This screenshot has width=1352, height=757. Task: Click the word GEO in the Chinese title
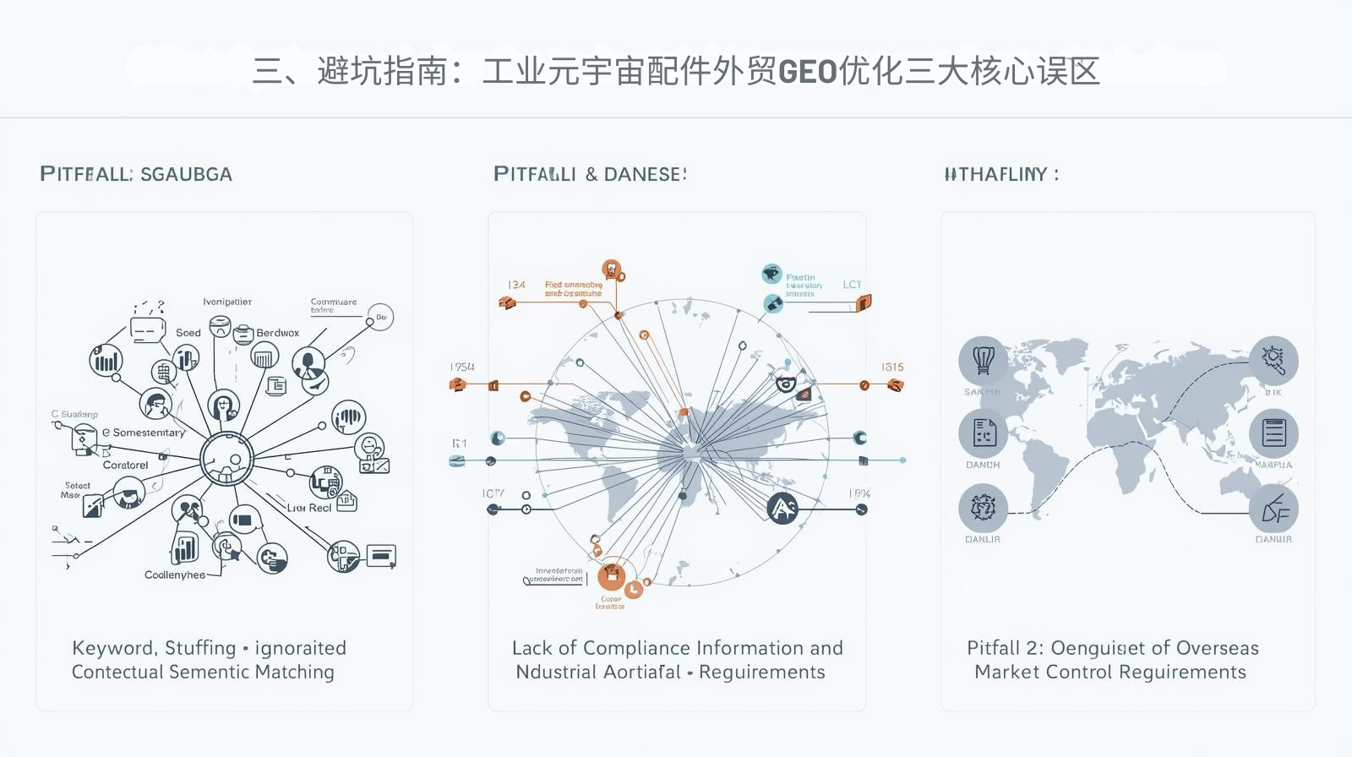click(807, 72)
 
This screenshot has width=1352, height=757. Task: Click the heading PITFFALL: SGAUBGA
click(136, 174)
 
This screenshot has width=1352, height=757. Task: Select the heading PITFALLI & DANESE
click(590, 174)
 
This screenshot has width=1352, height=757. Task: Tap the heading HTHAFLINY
click(1000, 174)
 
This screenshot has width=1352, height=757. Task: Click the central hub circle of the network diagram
click(226, 459)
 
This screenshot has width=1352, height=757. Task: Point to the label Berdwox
click(277, 333)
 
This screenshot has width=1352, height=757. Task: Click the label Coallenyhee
click(174, 575)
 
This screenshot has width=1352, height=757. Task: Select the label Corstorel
click(125, 465)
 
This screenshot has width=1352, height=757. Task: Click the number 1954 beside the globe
click(462, 367)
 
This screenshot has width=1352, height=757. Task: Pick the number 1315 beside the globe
click(892, 367)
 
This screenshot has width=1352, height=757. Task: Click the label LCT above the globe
click(852, 285)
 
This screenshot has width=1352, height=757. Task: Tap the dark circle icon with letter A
click(782, 508)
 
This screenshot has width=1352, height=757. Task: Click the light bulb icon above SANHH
click(983, 360)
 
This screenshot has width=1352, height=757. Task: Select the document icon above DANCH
click(983, 433)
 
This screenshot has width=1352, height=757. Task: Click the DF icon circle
click(1273, 509)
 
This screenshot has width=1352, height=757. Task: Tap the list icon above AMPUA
click(1273, 433)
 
